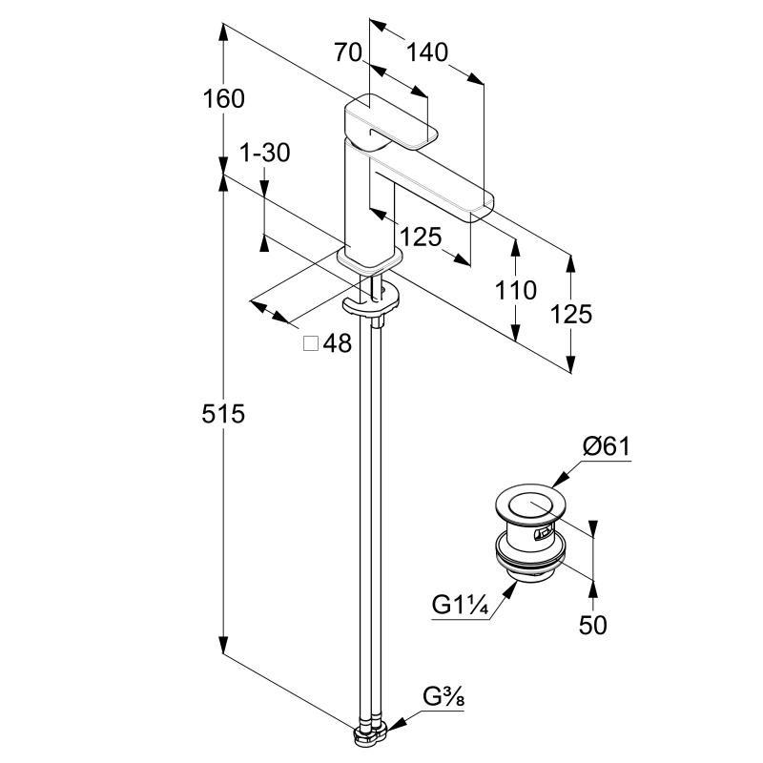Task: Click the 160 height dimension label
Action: pyautogui.click(x=224, y=98)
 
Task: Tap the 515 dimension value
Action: pyautogui.click(x=224, y=414)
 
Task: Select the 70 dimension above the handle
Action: pyautogui.click(x=349, y=52)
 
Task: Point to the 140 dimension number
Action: pyautogui.click(x=425, y=52)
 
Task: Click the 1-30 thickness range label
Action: pyautogui.click(x=264, y=153)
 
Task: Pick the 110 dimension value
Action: pyautogui.click(x=516, y=289)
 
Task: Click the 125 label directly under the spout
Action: pyautogui.click(x=421, y=236)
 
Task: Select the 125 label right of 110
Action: pyautogui.click(x=570, y=313)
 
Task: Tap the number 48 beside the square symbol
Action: pyautogui.click(x=337, y=344)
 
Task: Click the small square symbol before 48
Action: pyautogui.click(x=310, y=344)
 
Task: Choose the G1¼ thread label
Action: pyautogui.click(x=464, y=605)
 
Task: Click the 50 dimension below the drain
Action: pyautogui.click(x=592, y=625)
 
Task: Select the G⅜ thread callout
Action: pyautogui.click(x=444, y=699)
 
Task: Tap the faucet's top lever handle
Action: pyautogui.click(x=391, y=122)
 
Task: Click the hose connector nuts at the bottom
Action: pyautogui.click(x=369, y=734)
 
